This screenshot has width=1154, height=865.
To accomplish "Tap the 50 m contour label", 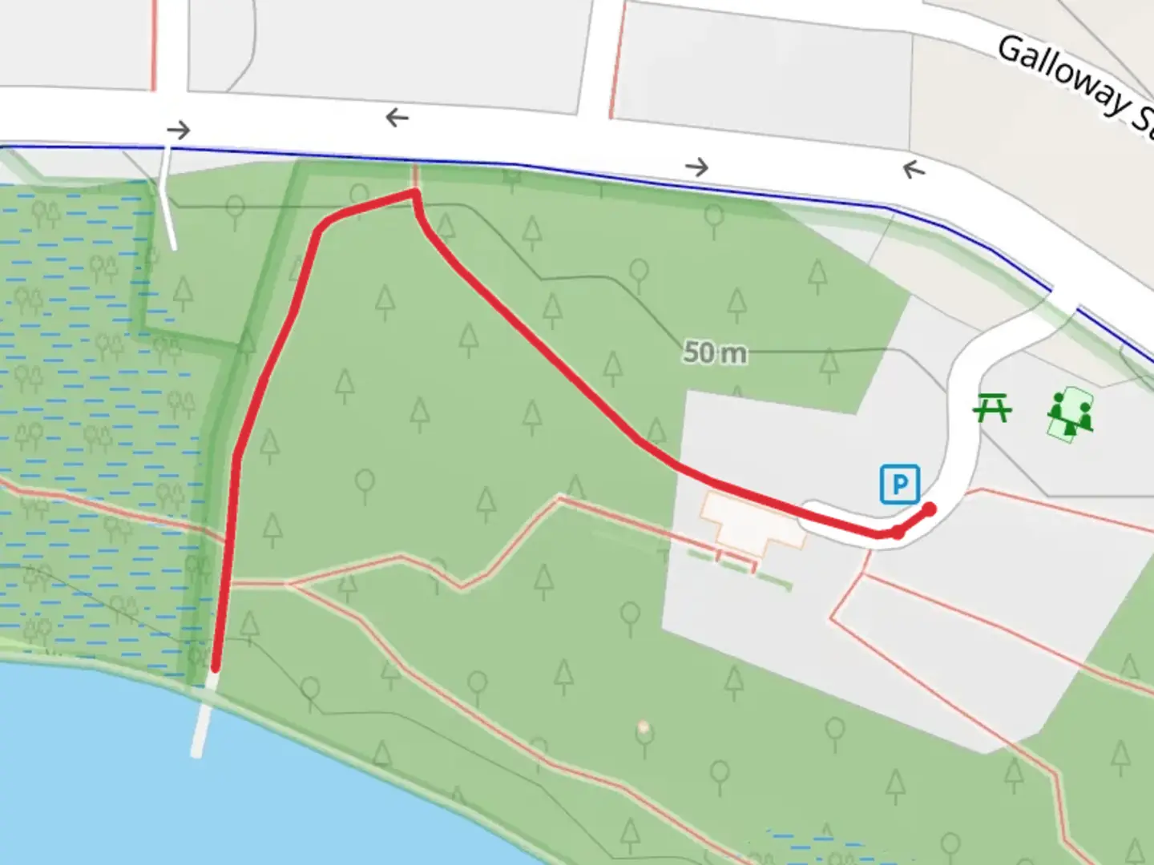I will tap(714, 352).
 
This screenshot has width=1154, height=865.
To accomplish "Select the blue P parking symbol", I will tap(899, 484).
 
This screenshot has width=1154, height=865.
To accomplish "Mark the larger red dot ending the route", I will tap(930, 509).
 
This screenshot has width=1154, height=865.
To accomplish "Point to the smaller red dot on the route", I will tap(899, 532).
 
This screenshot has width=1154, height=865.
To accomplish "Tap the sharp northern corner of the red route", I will tap(414, 191).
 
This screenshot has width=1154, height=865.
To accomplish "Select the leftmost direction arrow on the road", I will tap(179, 129).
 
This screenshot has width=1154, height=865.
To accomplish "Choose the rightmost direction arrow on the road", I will tap(914, 169).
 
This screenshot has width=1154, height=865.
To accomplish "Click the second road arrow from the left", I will tap(397, 119).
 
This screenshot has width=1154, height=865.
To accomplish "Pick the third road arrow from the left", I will tap(697, 167).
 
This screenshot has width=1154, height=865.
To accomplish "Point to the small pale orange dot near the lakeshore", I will tap(643, 727).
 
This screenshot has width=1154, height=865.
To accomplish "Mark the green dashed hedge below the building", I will tap(737, 567).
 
